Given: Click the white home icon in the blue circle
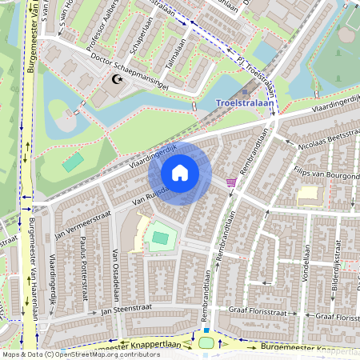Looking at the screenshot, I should coord(180,173).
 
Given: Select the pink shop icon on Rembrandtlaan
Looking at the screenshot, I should coord(231,182).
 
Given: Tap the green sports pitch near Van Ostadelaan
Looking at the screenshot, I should coord(160,238).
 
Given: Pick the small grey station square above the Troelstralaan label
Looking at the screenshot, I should coord(245,91).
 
